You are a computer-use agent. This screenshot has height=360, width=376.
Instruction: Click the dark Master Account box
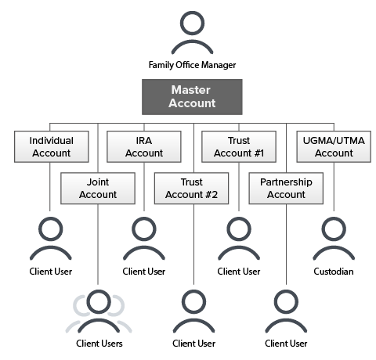coord(192,95)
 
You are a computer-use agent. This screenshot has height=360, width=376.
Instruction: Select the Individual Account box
coord(52,147)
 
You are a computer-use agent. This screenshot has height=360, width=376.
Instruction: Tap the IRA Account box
coord(144,147)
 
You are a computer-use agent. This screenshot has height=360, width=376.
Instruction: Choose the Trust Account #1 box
coord(238,147)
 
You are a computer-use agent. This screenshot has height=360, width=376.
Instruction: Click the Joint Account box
coord(99,188)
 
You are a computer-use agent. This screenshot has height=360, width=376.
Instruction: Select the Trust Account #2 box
coord(192,188)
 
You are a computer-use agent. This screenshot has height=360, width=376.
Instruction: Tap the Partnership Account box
coord(286,188)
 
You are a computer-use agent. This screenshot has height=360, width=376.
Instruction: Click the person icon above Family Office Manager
coord(192,33)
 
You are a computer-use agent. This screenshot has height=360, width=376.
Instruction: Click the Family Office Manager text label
coord(192,64)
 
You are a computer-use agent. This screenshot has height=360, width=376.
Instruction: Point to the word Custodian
coord(333,272)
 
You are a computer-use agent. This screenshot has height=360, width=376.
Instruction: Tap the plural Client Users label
coord(99,343)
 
